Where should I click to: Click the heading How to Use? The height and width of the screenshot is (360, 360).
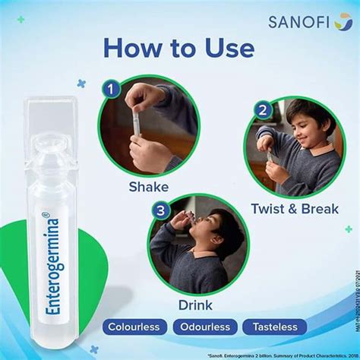coord(179,50)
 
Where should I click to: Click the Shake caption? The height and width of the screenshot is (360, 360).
coord(148,187)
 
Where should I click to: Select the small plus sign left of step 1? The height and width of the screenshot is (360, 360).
coord(82,84)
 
